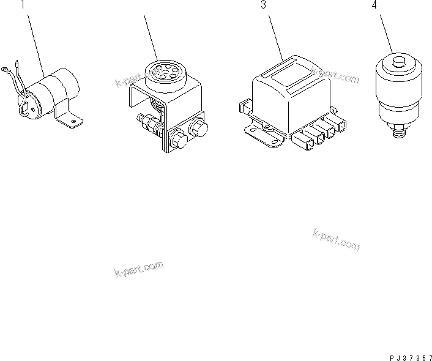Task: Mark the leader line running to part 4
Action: (385, 34)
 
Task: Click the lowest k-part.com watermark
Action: (139, 269)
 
